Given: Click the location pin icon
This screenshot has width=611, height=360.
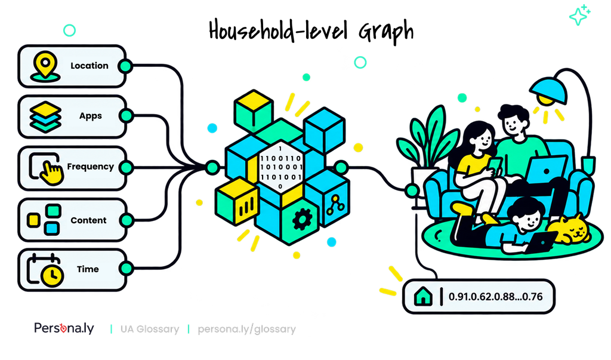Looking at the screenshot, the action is (x=45, y=66).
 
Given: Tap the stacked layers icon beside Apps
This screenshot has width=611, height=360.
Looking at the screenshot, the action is (x=45, y=117).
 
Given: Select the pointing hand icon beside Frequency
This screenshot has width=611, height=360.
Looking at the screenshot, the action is (x=51, y=174).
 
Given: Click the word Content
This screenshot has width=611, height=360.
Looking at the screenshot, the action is (x=88, y=220).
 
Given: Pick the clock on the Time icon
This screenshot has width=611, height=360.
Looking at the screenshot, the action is (x=53, y=276).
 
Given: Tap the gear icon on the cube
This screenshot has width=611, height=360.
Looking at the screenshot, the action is (x=301, y=219).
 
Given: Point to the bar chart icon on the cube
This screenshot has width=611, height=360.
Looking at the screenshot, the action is (x=246, y=206).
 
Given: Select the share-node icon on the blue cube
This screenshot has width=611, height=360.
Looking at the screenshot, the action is (x=335, y=204).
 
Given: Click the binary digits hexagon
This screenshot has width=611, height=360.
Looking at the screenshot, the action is (x=280, y=168).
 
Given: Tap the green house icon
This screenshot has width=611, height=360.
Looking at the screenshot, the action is (x=423, y=296).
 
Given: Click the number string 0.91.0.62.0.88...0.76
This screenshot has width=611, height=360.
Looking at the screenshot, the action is (x=495, y=297).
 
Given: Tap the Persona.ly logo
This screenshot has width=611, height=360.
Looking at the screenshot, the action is (x=64, y=328).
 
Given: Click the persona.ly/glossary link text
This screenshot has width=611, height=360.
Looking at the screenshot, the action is (x=246, y=329).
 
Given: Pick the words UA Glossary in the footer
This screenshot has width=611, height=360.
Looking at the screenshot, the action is (x=150, y=329).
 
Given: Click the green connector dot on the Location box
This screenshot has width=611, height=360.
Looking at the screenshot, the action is (x=125, y=66).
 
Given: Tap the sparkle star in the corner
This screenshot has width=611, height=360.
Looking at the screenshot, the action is (x=579, y=16).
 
